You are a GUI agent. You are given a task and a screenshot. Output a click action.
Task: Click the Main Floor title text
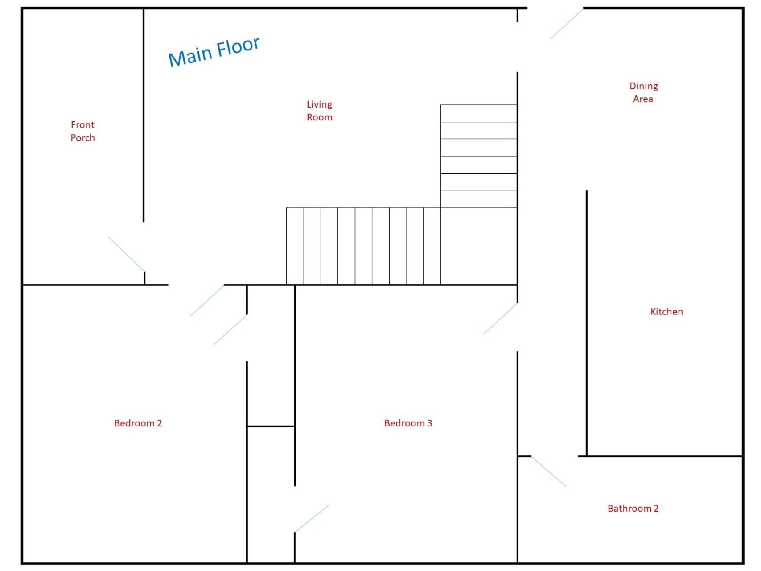tap(214, 52)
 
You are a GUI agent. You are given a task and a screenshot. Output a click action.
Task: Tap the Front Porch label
tap(83, 131)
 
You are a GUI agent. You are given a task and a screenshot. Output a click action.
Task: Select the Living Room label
tap(319, 111)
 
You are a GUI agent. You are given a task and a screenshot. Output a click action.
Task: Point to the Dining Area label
tap(643, 92)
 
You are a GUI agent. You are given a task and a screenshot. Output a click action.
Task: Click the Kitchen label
tap(666, 312)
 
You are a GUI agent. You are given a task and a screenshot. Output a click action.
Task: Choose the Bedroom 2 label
tap(138, 423)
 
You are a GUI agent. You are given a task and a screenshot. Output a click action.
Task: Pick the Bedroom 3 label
tap(408, 423)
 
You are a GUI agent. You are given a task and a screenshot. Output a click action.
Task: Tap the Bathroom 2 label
tap(633, 509)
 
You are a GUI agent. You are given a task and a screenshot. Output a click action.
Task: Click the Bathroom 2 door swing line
tap(549, 472)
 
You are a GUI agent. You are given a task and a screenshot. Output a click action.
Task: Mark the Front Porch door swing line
tap(126, 254)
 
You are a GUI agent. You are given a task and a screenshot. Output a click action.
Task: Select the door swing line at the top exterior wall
tap(566, 24)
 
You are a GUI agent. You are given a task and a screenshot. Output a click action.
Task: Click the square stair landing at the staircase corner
tap(479, 246)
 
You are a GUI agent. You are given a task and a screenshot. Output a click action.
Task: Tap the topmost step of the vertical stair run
tap(479, 113)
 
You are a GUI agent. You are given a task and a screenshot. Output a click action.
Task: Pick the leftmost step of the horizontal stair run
tap(295, 246)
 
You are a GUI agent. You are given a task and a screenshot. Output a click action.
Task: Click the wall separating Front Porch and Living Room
tap(144, 115)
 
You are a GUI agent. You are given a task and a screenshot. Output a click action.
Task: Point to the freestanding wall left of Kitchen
tap(587, 323)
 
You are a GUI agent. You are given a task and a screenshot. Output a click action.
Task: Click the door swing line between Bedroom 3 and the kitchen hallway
tap(501, 319)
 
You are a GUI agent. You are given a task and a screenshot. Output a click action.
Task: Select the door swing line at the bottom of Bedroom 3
tap(312, 518)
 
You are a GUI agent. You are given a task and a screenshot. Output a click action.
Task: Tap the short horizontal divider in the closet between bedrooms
tap(271, 426)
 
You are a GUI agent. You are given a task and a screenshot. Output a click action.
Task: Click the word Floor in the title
tap(238, 46)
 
